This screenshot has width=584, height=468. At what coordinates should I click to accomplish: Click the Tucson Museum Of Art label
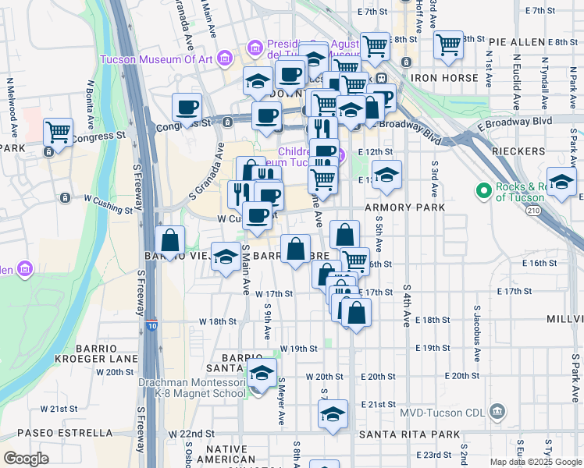click(157, 58)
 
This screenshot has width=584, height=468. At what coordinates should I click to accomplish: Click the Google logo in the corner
click(26, 459)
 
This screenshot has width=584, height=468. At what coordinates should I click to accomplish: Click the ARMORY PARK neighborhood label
click(410, 207)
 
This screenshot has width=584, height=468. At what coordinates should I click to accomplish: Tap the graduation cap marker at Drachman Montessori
click(262, 372)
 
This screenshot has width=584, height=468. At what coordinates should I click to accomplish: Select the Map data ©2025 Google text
click(535, 462)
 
